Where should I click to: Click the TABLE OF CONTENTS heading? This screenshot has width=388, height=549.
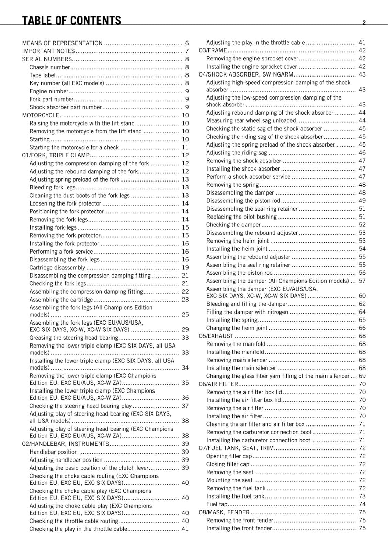(71, 21)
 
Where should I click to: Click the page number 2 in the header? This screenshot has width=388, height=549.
(364, 23)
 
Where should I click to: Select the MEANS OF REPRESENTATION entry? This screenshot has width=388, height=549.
(62, 43)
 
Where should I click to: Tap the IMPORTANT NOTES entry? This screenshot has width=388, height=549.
(48, 51)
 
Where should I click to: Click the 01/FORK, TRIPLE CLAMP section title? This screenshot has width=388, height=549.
(56, 155)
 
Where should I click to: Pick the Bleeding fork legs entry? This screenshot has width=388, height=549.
(52, 187)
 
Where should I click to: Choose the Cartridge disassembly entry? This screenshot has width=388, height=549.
(57, 268)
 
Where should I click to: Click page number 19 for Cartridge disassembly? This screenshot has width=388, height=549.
(185, 268)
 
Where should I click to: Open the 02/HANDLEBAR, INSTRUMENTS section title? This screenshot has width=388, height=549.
(65, 444)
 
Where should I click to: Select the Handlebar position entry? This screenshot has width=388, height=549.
(53, 452)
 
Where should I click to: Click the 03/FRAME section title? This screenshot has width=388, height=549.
(213, 50)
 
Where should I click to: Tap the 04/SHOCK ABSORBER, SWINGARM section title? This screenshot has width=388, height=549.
(246, 74)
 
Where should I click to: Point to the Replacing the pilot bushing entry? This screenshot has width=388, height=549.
(241, 217)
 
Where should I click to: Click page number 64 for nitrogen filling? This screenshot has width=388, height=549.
(362, 312)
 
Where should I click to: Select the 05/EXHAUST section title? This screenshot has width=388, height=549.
(216, 336)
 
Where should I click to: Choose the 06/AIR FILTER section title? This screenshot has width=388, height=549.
(218, 384)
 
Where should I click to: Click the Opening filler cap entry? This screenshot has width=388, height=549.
(229, 456)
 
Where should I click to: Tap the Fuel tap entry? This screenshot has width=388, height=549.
(217, 504)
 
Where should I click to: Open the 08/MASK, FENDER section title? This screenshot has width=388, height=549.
(224, 512)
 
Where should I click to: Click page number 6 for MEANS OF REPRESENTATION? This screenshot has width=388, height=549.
(187, 43)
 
